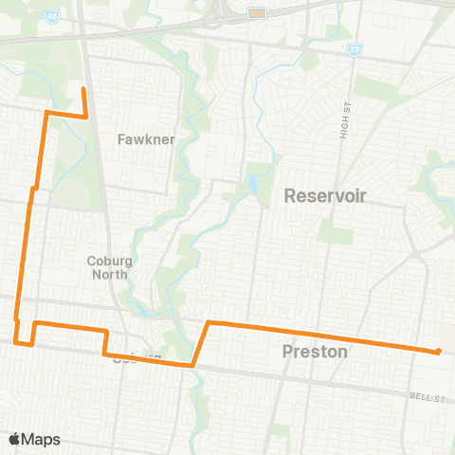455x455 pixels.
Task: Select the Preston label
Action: click(316, 351)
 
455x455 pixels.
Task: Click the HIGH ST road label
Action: click(345, 121)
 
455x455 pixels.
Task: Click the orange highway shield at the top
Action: click(255, 13)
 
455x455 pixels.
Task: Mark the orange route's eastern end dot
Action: click(438, 353)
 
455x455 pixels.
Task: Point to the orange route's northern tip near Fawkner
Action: click(83, 89)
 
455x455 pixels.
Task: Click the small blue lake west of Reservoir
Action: click(252, 181)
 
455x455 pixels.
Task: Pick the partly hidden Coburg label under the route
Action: click(128, 359)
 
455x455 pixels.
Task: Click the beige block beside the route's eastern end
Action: click(446, 343)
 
